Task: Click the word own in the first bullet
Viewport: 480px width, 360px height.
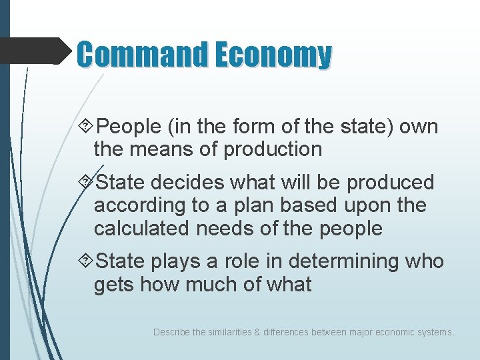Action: (x=421, y=127)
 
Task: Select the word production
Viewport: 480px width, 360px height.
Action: (x=273, y=149)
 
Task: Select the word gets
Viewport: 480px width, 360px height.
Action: (x=114, y=285)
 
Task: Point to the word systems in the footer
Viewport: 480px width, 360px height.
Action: (x=434, y=331)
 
